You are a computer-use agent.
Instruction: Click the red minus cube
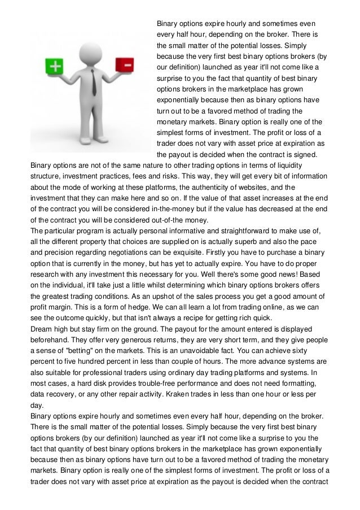pos(125,65)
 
